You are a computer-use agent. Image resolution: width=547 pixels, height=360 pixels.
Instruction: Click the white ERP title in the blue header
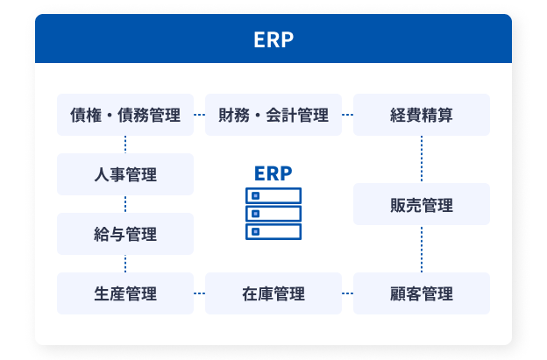click(273, 39)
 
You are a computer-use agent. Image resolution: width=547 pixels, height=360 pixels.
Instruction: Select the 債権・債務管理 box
click(125, 115)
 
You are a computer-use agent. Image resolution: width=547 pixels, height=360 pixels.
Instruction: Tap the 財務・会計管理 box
click(273, 115)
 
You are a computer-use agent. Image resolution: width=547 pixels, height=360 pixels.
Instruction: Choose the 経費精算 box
click(422, 115)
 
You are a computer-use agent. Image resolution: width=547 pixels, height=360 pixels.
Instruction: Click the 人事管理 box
click(125, 174)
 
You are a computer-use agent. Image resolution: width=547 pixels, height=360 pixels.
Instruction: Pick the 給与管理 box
click(125, 234)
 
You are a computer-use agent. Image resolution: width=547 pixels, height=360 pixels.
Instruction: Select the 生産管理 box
click(125, 293)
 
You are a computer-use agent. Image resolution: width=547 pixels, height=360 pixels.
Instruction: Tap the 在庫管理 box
click(273, 293)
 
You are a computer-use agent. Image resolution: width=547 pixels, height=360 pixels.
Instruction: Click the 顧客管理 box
click(422, 293)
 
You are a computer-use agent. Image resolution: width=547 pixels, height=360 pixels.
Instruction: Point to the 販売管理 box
click(422, 204)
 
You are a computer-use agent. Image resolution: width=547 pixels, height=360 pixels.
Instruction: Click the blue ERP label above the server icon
click(273, 173)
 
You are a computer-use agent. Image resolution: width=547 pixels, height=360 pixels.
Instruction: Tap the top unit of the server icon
click(273, 196)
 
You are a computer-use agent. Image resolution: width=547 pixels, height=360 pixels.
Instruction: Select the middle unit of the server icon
click(273, 214)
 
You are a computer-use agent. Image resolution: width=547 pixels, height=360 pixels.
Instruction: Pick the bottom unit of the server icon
click(273, 232)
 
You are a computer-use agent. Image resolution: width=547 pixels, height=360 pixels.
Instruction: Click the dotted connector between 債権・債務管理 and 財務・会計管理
click(199, 115)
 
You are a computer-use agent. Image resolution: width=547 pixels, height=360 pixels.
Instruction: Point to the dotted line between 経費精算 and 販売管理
click(422, 159)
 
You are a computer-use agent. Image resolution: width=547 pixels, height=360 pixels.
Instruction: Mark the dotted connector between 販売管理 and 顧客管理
click(422, 249)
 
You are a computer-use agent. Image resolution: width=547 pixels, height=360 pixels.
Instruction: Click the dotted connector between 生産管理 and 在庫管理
click(199, 293)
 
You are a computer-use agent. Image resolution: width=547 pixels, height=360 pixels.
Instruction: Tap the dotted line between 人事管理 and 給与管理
click(125, 204)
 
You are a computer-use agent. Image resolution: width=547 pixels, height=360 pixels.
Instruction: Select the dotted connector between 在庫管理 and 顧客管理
click(347, 293)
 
